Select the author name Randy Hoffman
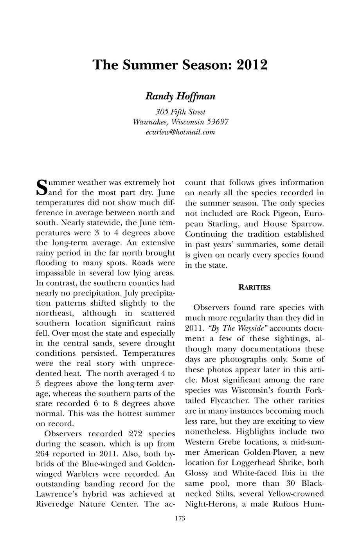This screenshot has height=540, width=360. click(x=180, y=96)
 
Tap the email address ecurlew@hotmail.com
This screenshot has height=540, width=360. click(x=180, y=132)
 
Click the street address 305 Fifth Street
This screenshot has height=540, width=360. click(x=180, y=112)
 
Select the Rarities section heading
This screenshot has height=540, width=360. click(x=254, y=287)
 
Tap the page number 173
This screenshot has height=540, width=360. click(x=180, y=518)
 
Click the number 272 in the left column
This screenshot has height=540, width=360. click(x=137, y=434)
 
